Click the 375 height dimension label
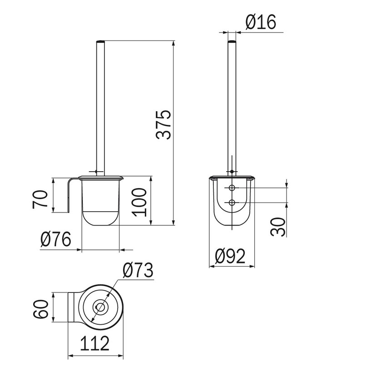pyautogui.click(x=163, y=125)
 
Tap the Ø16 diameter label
pyautogui.click(x=261, y=22)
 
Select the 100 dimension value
pyautogui.click(x=139, y=203)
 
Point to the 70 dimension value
pyautogui.click(x=40, y=199)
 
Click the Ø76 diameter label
pyautogui.click(x=56, y=239)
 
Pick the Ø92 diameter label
pyautogui.click(x=230, y=256)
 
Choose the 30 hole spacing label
pyautogui.click(x=278, y=227)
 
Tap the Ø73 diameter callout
pyautogui.click(x=138, y=270)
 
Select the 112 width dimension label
pyautogui.click(x=94, y=343)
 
